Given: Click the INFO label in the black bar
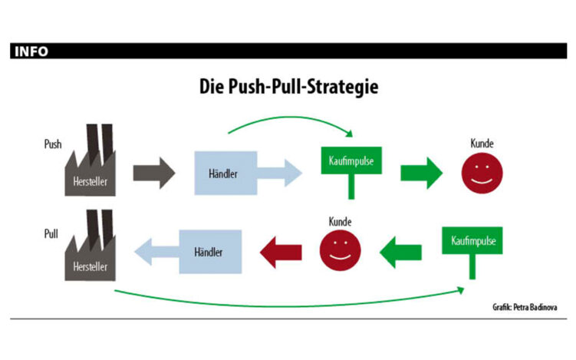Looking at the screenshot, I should click(x=30, y=52).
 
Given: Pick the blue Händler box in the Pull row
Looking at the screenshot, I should click(x=211, y=251).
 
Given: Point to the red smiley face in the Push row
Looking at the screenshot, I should click(x=482, y=173).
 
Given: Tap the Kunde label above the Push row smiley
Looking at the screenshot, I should click(x=482, y=144).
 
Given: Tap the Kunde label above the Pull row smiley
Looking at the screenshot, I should click(x=340, y=222).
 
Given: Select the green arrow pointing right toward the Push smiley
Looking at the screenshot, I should click(x=421, y=172).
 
